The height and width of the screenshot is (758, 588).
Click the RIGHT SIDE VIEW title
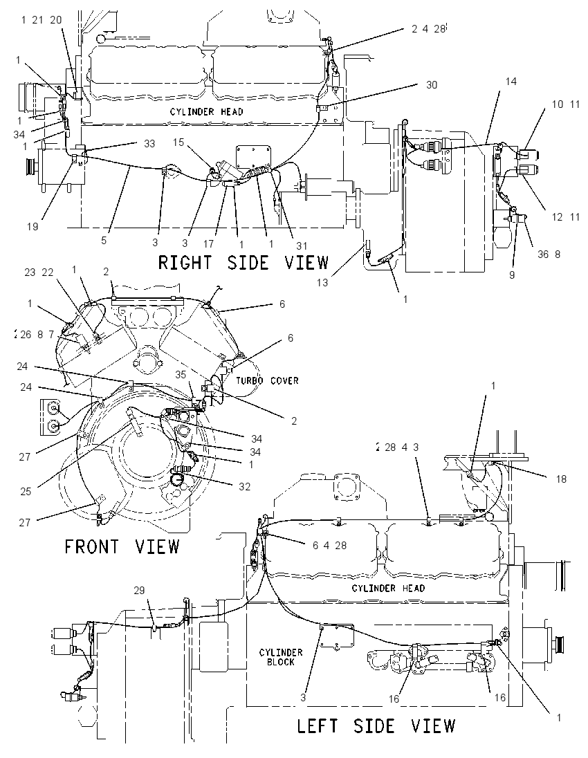point(244,263)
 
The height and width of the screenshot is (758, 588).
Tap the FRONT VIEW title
point(122,546)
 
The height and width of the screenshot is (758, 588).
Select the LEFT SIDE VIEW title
point(376,725)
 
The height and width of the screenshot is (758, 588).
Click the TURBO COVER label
point(267,381)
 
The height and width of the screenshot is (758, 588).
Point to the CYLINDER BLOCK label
point(280,657)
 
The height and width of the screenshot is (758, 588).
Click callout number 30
point(432,85)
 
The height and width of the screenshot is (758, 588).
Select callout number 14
point(511,81)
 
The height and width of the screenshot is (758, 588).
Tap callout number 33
point(149,144)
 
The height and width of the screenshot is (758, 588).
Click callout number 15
point(179,142)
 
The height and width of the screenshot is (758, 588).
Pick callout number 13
point(322,282)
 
